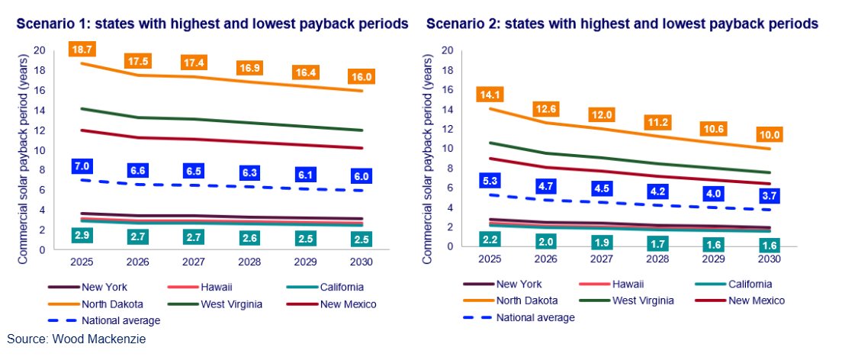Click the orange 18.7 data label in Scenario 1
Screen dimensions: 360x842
point(82,49)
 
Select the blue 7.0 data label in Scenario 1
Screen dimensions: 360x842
point(82,166)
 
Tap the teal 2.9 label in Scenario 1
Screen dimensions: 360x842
point(82,234)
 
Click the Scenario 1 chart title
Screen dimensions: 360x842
point(213,24)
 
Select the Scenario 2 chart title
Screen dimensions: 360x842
point(622,24)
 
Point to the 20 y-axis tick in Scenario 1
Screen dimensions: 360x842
point(39,50)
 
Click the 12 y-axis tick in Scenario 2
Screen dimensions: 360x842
point(448,129)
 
